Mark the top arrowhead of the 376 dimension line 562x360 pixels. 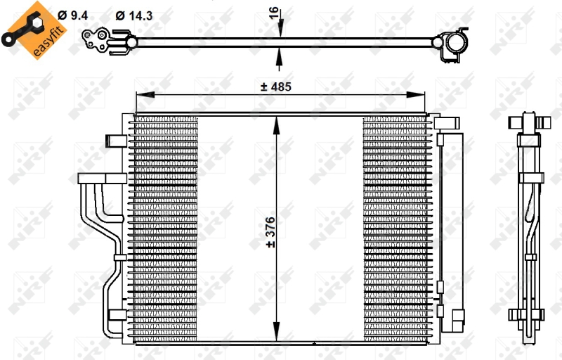[280, 122]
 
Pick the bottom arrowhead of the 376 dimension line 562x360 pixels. [280, 337]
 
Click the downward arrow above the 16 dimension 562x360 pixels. [280, 29]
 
